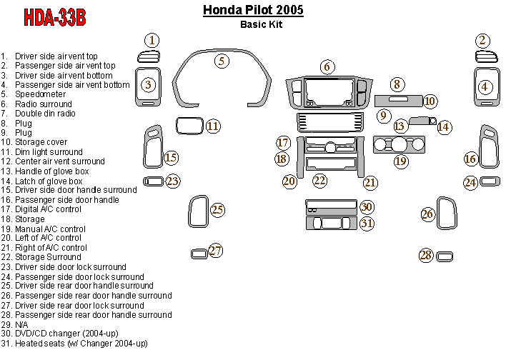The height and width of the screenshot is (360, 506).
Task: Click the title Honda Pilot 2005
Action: click(253, 10)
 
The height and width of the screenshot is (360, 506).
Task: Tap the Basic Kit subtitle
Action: click(262, 24)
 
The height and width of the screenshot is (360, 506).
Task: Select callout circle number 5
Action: click(223, 61)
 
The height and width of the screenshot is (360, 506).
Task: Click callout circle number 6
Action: click(327, 67)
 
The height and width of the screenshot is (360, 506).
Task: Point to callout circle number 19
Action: click(401, 161)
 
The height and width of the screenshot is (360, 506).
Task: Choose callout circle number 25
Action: click(217, 209)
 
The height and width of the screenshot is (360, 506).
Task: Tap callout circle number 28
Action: click(426, 255)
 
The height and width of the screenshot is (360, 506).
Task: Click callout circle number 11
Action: click(213, 126)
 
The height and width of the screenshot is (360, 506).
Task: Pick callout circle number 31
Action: click(367, 223)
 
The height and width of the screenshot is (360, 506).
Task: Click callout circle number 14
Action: click(445, 126)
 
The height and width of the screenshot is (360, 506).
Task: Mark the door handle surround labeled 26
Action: click(447, 214)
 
